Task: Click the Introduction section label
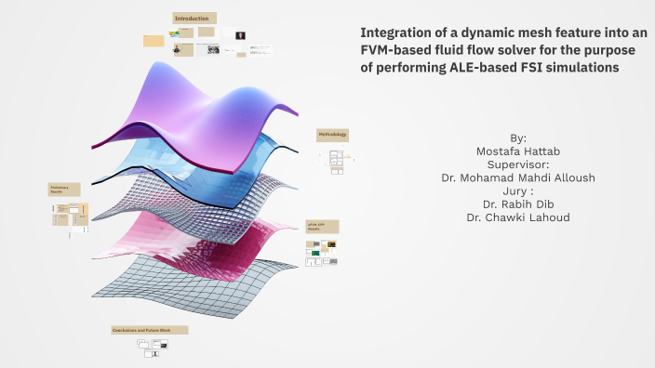click(x=194, y=18)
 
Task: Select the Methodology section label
click(x=332, y=135)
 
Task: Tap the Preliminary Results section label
click(x=64, y=190)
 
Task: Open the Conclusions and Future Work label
click(x=149, y=330)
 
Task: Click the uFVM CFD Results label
click(x=322, y=227)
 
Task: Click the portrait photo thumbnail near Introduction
click(x=241, y=35)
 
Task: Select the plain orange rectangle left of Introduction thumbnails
click(x=154, y=40)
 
